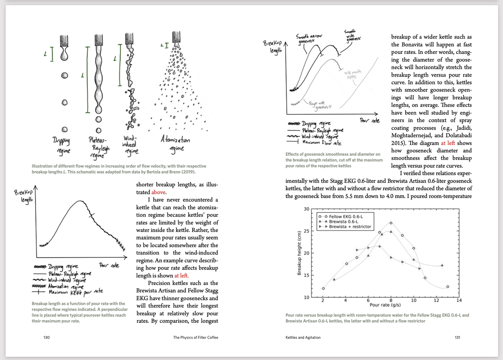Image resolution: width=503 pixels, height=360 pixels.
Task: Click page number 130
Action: [47, 337]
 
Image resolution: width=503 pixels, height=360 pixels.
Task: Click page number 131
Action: [457, 337]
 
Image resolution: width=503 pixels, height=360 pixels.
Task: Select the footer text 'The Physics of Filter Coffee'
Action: [196, 337]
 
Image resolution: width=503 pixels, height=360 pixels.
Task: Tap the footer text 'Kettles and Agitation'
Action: [303, 337]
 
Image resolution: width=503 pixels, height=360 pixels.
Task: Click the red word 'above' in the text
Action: [159, 192]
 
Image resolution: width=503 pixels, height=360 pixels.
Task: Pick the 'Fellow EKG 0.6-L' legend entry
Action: [346, 217]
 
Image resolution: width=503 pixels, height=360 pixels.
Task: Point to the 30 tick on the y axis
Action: [307, 209]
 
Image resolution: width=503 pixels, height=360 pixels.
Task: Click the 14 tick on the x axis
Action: [459, 300]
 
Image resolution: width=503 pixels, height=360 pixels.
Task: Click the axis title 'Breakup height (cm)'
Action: [299, 253]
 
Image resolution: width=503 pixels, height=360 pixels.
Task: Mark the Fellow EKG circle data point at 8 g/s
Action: [391, 223]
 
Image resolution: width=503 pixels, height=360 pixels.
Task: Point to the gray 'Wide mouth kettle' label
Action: [351, 75]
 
